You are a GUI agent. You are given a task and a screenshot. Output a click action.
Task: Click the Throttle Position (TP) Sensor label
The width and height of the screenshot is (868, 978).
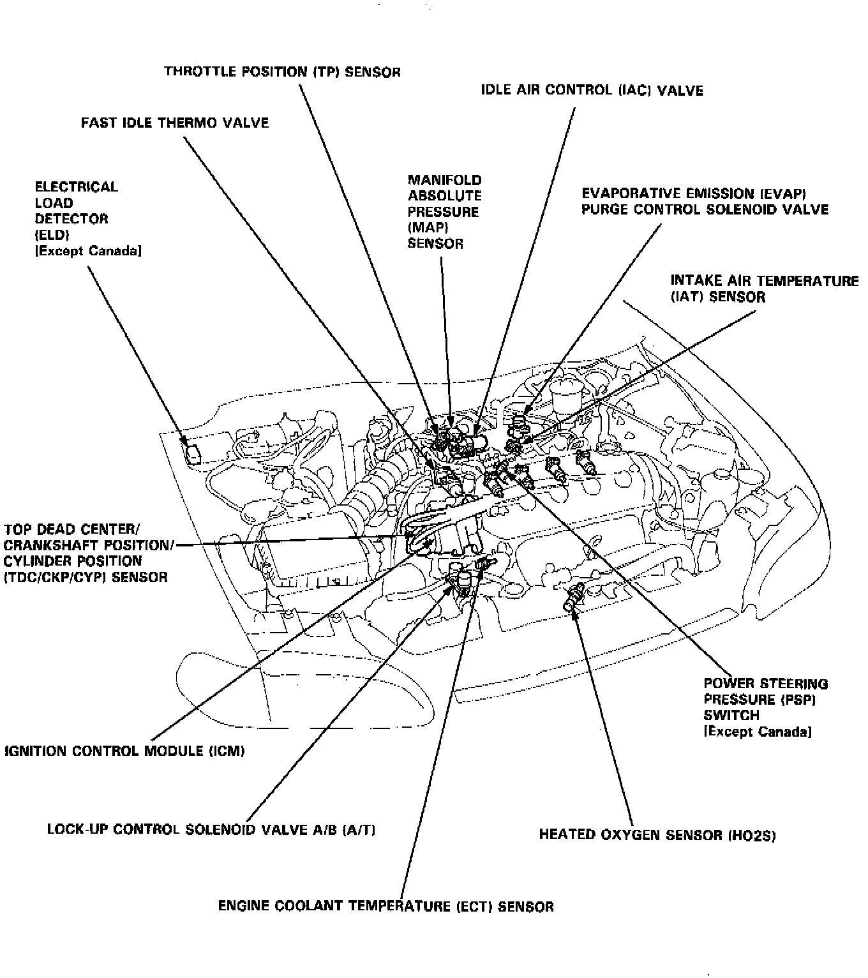click(x=282, y=71)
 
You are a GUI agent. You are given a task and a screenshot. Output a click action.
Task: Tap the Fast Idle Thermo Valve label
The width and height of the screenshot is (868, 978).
click(x=175, y=123)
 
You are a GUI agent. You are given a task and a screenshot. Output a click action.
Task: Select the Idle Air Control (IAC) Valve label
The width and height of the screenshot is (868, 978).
click(x=592, y=90)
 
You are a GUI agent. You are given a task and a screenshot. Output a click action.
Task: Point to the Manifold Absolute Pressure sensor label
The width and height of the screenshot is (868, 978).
click(x=445, y=211)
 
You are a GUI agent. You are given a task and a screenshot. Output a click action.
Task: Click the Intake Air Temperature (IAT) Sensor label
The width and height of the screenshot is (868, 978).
click(x=764, y=289)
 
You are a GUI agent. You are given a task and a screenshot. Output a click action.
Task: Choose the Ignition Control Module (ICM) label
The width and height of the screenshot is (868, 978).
click(x=124, y=751)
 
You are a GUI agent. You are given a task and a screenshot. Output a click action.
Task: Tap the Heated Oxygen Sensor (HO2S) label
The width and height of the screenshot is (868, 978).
click(x=657, y=834)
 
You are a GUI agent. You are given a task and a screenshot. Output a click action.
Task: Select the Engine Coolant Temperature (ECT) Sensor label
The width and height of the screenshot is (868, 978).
click(x=385, y=906)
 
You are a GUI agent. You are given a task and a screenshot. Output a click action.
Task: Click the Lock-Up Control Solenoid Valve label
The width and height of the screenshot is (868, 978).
click(x=211, y=829)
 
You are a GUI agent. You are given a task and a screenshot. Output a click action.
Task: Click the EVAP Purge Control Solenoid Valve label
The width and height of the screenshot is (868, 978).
click(x=705, y=201)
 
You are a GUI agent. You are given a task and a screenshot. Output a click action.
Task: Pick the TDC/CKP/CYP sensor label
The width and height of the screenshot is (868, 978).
click(x=86, y=553)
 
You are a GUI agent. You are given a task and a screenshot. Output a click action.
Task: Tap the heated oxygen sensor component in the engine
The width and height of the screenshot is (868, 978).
click(x=574, y=597)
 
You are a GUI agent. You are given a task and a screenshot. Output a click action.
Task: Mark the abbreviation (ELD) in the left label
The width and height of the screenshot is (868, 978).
click(x=52, y=235)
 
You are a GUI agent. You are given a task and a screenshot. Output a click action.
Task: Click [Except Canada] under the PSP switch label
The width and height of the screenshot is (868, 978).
click(x=757, y=732)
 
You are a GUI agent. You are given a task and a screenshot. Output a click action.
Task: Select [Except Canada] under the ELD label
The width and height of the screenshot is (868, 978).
click(x=88, y=251)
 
